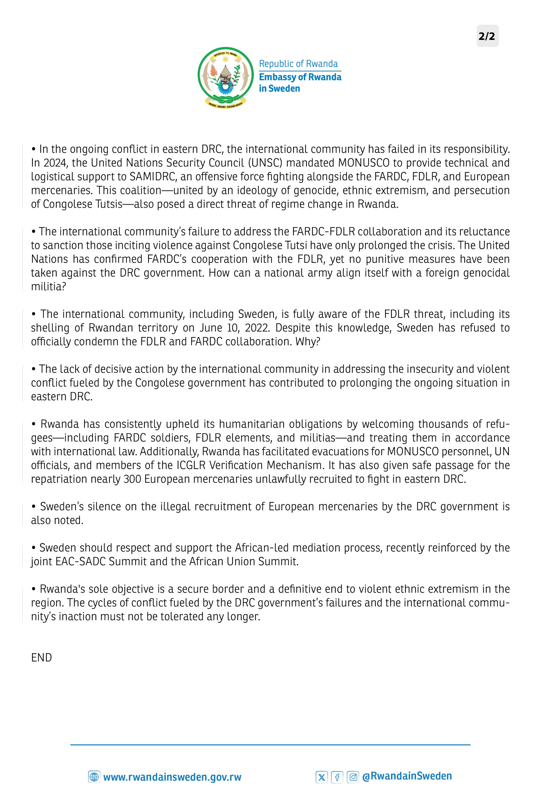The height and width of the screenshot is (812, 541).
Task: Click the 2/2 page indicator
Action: click(x=487, y=36)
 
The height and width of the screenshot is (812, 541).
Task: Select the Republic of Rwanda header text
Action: click(x=298, y=64)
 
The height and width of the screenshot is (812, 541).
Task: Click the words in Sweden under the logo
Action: click(x=279, y=89)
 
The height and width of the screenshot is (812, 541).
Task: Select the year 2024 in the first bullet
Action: click(x=55, y=163)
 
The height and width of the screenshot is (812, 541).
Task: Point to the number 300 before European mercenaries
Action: click(x=132, y=479)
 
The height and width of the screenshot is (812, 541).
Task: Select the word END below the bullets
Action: click(x=42, y=658)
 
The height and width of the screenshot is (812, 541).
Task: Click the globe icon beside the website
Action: click(x=94, y=777)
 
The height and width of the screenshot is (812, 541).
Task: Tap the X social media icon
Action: click(x=322, y=777)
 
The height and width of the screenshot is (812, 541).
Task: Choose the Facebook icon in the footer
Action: click(x=337, y=777)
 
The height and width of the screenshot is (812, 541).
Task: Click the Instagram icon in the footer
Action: click(x=353, y=777)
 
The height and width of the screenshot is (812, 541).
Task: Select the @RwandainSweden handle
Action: click(x=407, y=776)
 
